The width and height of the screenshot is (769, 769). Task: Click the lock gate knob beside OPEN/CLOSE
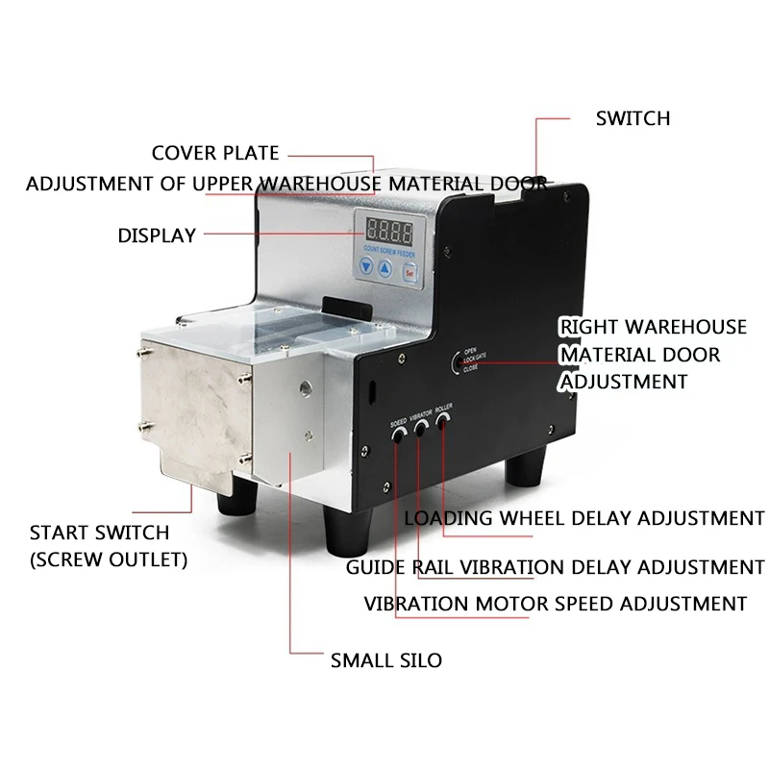[455, 364]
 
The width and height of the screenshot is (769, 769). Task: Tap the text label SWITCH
[633, 118]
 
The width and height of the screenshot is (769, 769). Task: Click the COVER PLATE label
[215, 153]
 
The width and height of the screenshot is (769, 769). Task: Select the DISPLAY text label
[157, 235]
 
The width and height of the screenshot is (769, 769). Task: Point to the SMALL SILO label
[386, 660]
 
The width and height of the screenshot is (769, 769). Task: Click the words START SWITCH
[99, 533]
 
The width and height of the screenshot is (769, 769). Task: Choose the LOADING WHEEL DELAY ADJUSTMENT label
[584, 518]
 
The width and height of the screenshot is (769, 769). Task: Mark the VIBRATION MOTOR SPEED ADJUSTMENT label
[556, 604]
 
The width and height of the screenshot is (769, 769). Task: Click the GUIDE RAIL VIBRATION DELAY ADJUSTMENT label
[556, 567]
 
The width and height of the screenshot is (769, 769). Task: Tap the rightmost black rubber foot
[527, 470]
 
